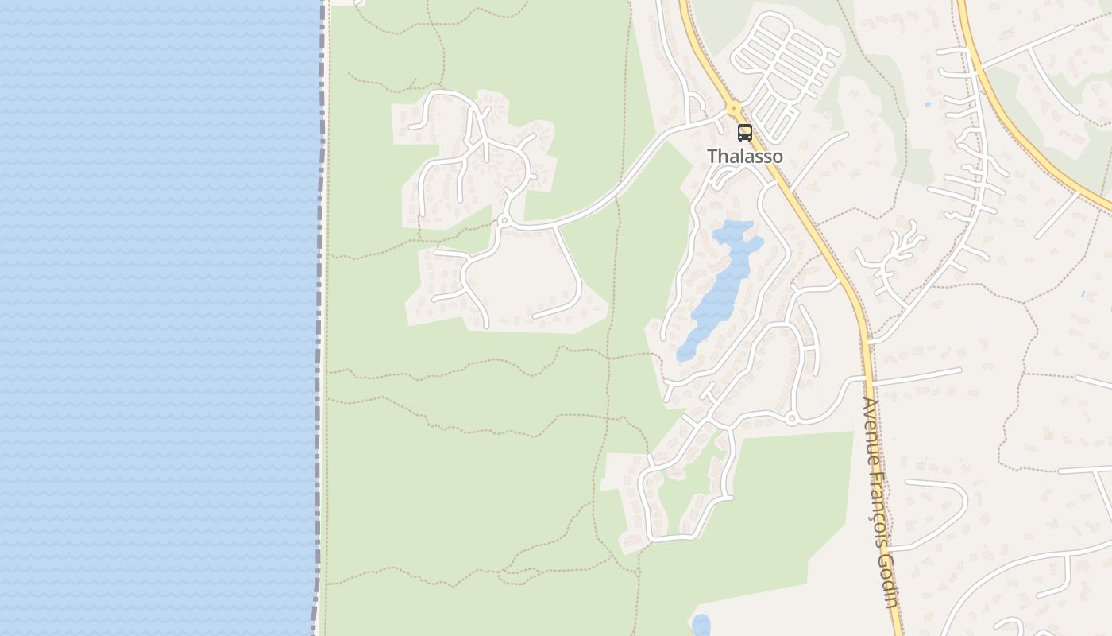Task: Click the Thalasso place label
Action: click(x=744, y=157)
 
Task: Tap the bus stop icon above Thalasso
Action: click(x=744, y=133)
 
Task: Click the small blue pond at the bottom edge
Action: click(x=701, y=625)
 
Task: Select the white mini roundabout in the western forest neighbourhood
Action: click(x=504, y=220)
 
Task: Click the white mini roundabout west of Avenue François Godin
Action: click(x=791, y=418)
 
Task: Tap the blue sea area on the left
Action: click(x=159, y=318)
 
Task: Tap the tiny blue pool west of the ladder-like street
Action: click(x=928, y=104)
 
